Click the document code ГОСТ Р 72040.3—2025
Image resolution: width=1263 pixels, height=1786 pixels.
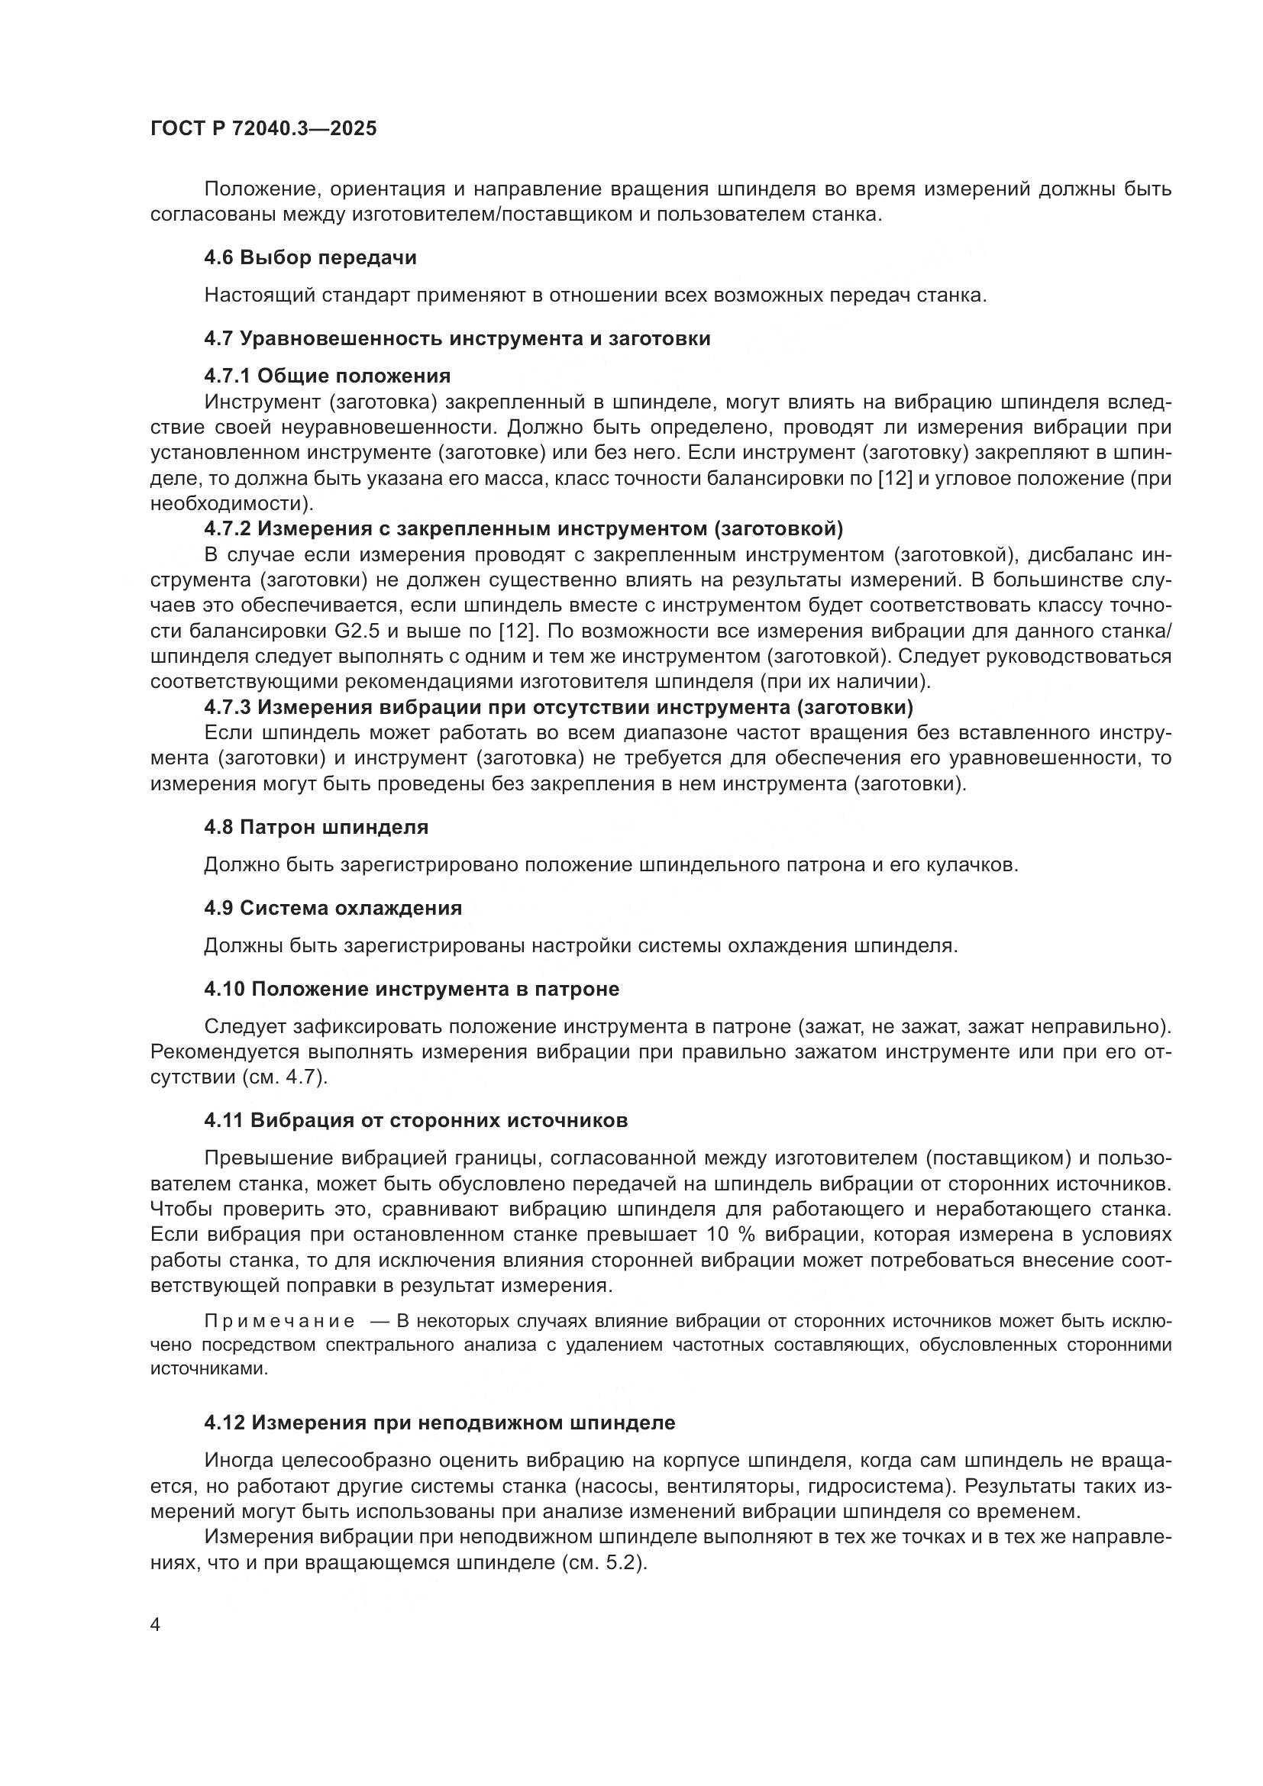(x=263, y=128)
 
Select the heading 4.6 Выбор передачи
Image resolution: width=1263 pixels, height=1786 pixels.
(x=310, y=257)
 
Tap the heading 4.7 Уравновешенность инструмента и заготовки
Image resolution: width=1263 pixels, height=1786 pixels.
(x=457, y=338)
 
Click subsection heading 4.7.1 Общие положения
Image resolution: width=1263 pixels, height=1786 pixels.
(x=328, y=376)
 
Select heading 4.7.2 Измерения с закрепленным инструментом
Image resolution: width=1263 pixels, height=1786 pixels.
(x=523, y=529)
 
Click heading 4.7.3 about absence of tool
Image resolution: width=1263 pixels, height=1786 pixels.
(x=558, y=707)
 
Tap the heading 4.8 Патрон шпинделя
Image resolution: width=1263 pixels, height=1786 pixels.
(x=317, y=827)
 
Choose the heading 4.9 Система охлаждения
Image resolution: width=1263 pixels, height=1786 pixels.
(x=333, y=908)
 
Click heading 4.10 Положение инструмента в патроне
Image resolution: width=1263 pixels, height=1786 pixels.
(x=412, y=990)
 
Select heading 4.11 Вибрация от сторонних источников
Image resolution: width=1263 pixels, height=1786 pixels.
(x=416, y=1121)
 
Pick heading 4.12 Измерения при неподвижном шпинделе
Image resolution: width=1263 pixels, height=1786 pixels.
(x=439, y=1423)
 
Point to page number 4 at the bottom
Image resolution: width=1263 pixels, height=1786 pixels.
(x=155, y=1626)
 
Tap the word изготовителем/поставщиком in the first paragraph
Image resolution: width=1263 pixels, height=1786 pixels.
(x=493, y=215)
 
